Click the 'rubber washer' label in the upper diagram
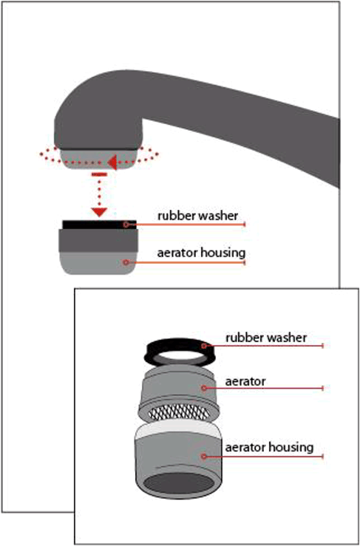(197, 216)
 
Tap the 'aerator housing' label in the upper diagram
(201, 253)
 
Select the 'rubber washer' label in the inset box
(266, 338)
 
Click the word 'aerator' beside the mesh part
(245, 381)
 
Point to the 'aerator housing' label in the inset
(269, 447)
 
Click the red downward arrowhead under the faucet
(99, 211)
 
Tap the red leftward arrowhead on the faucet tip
(112, 163)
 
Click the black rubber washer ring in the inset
(180, 352)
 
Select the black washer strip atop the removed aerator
(99, 225)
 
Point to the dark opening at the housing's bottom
(179, 484)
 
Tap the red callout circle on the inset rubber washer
(205, 346)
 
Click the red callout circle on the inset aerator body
(204, 388)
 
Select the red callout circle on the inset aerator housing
(204, 456)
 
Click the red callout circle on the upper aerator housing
(126, 262)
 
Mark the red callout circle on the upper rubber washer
(126, 225)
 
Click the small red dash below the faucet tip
(99, 174)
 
